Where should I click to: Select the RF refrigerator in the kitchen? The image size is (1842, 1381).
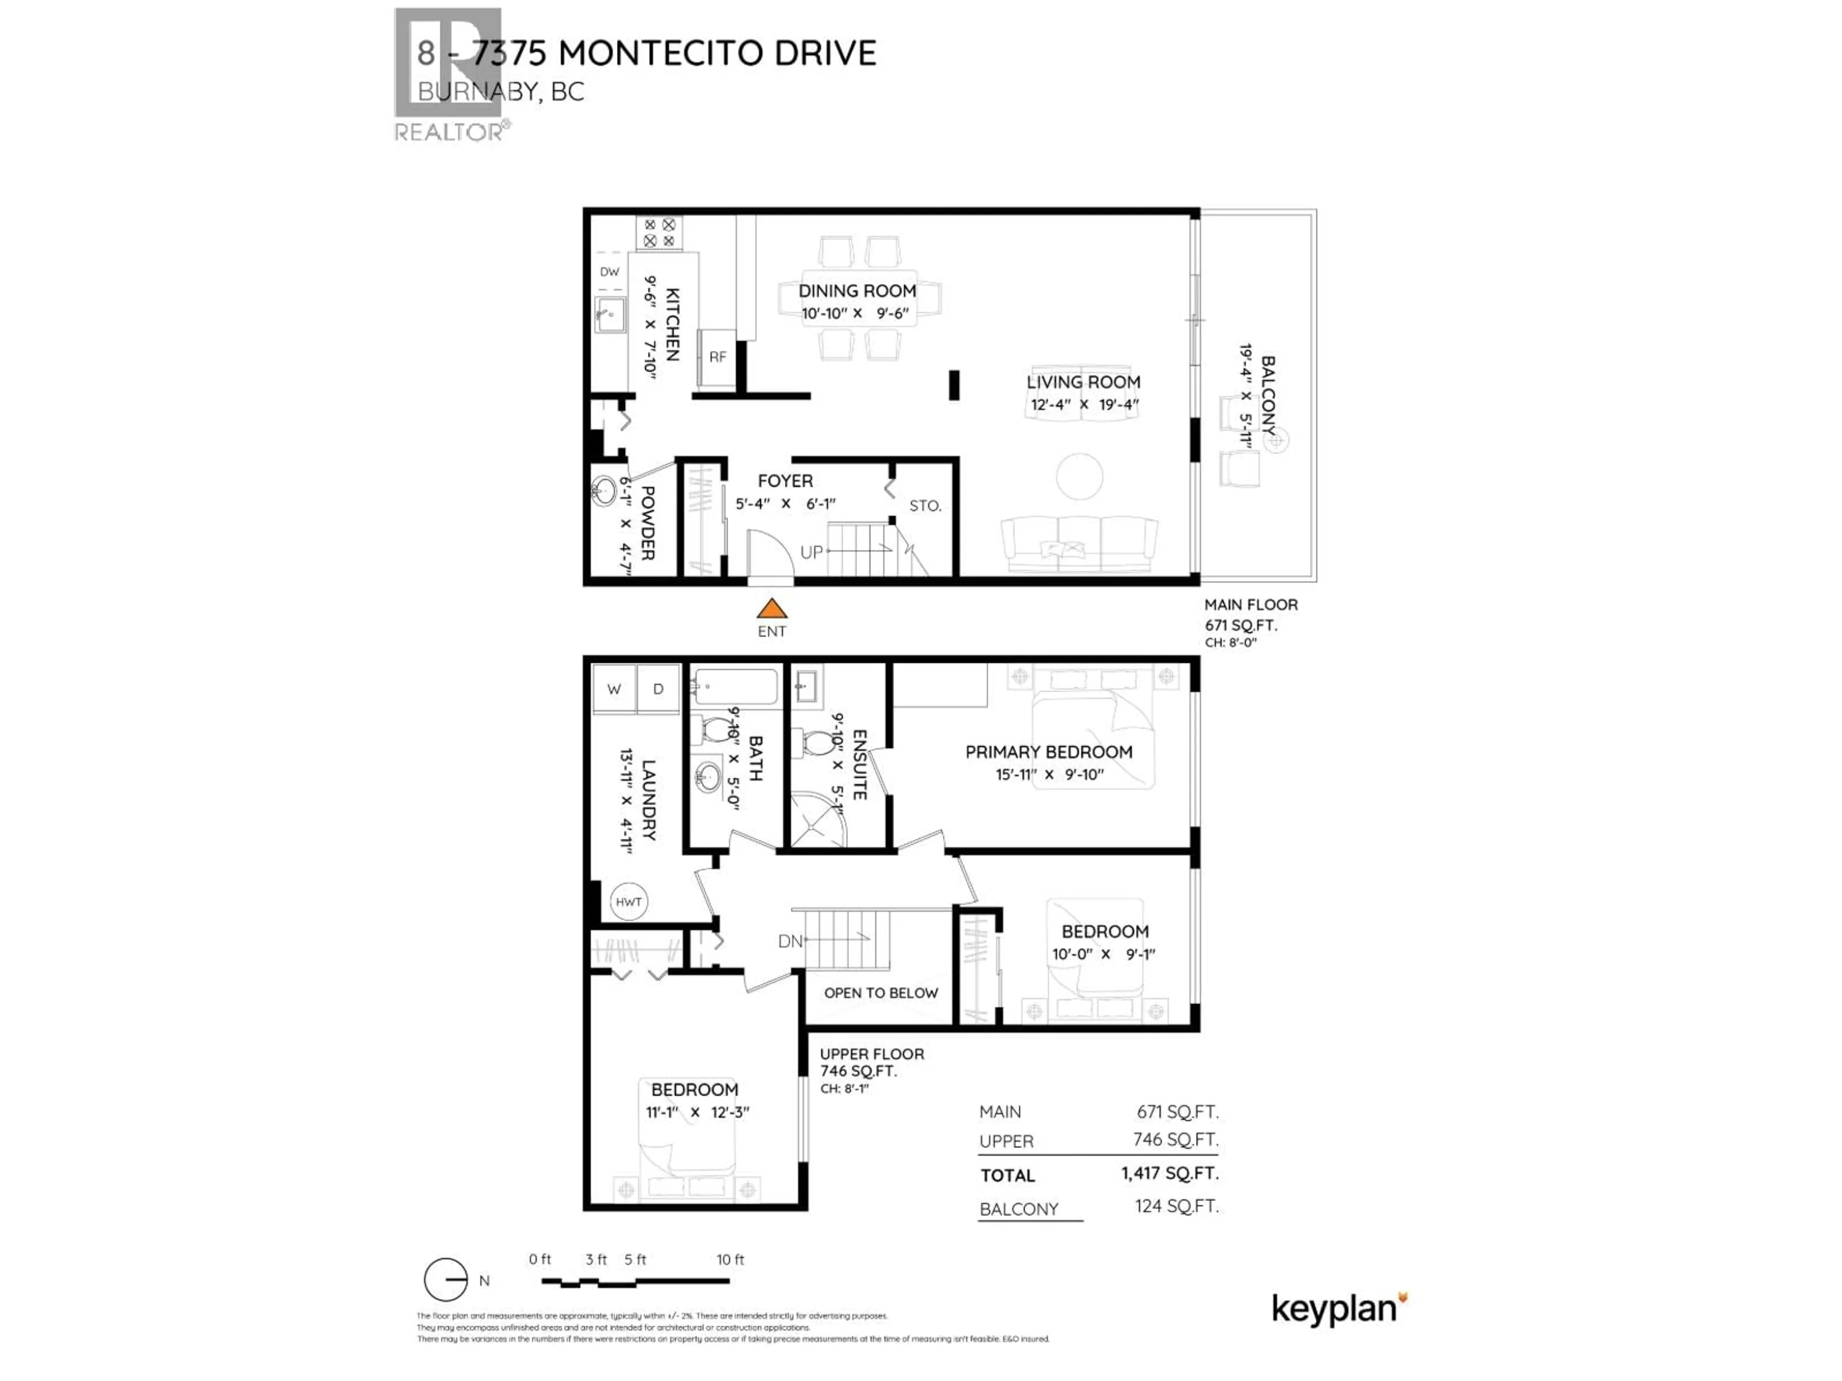717,357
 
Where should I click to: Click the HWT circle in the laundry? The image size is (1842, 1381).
629,901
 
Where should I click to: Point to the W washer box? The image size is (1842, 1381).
614,689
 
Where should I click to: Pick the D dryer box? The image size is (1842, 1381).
658,689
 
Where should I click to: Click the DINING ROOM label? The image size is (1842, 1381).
857,291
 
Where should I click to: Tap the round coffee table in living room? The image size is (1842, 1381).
1079,476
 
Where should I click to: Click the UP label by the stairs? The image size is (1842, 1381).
811,552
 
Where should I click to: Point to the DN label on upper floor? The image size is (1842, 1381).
790,941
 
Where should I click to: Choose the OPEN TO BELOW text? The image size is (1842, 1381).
880,993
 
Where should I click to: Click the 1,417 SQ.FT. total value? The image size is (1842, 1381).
1169,1174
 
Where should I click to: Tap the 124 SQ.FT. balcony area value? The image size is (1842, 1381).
1176,1206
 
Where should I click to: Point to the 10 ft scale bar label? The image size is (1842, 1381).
730,1260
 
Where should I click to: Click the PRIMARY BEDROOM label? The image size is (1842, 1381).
1049,752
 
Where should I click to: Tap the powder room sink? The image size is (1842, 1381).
604,490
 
